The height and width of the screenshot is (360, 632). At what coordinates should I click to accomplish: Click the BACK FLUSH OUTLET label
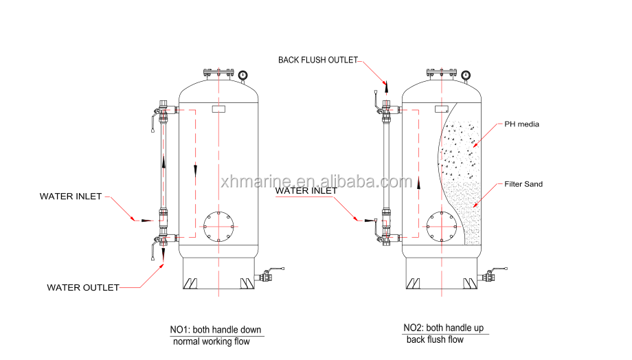pos(318,60)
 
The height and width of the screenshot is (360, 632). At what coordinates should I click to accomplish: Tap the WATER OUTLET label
pos(83,287)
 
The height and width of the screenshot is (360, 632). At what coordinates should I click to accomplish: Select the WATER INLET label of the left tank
pos(71,196)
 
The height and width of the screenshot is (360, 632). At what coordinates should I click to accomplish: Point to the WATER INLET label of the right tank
pos(306,191)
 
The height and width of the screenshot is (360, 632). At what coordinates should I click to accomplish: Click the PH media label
pos(521,124)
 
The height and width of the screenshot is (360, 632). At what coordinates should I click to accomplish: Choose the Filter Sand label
pos(523,184)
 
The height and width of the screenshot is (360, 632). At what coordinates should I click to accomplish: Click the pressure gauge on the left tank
pos(242,76)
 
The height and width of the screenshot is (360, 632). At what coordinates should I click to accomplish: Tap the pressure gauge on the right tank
pos(466,76)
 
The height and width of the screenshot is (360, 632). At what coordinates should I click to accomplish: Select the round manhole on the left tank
pos(218,212)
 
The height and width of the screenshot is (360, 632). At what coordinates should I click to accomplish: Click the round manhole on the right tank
pos(442,212)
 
